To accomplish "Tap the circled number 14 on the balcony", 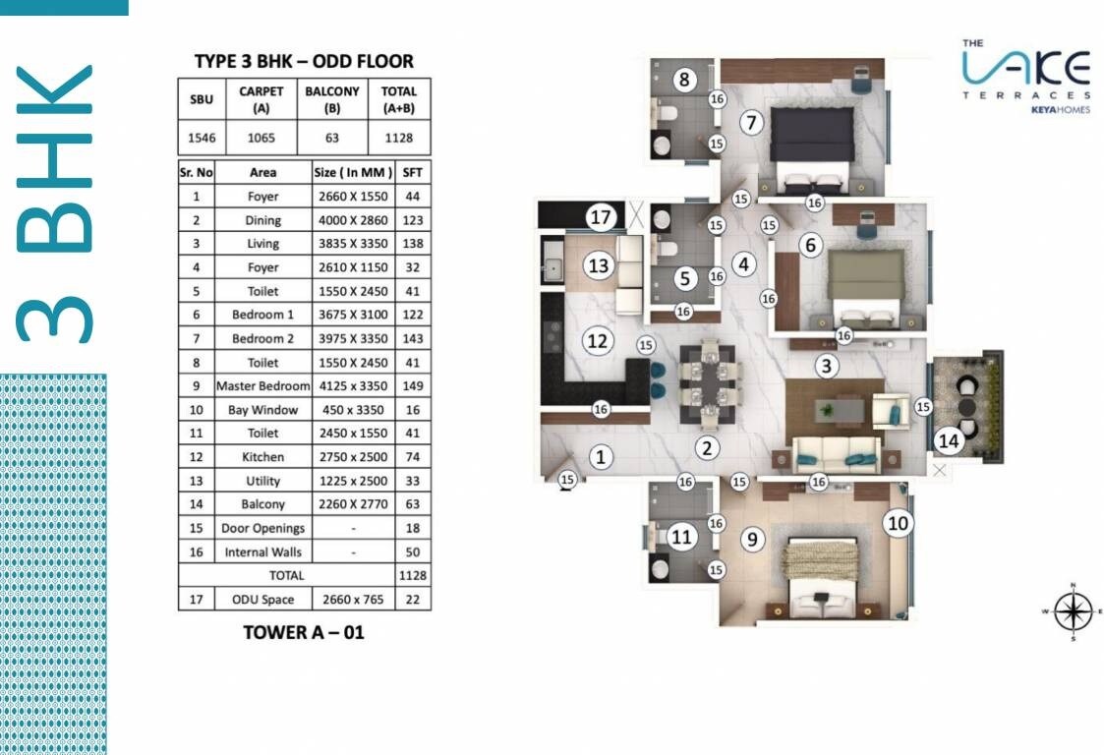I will click(x=948, y=440).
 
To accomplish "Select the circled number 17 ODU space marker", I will click(x=601, y=215).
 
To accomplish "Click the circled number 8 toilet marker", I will click(x=683, y=79).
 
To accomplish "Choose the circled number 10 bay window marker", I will click(x=897, y=522).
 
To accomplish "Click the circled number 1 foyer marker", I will click(x=601, y=456).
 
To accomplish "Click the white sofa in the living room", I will click(x=836, y=453).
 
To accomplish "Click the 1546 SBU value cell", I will click(x=202, y=138).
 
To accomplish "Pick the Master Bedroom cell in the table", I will click(x=262, y=386).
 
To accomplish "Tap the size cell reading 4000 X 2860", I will click(x=353, y=220).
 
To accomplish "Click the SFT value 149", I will click(x=412, y=386).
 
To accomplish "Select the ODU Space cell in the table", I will click(x=262, y=599).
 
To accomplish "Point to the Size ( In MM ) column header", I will click(x=353, y=172).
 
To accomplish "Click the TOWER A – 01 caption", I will click(x=304, y=632).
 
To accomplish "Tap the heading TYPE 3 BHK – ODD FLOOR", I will click(x=304, y=61).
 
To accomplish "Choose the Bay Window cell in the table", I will click(x=262, y=410).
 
